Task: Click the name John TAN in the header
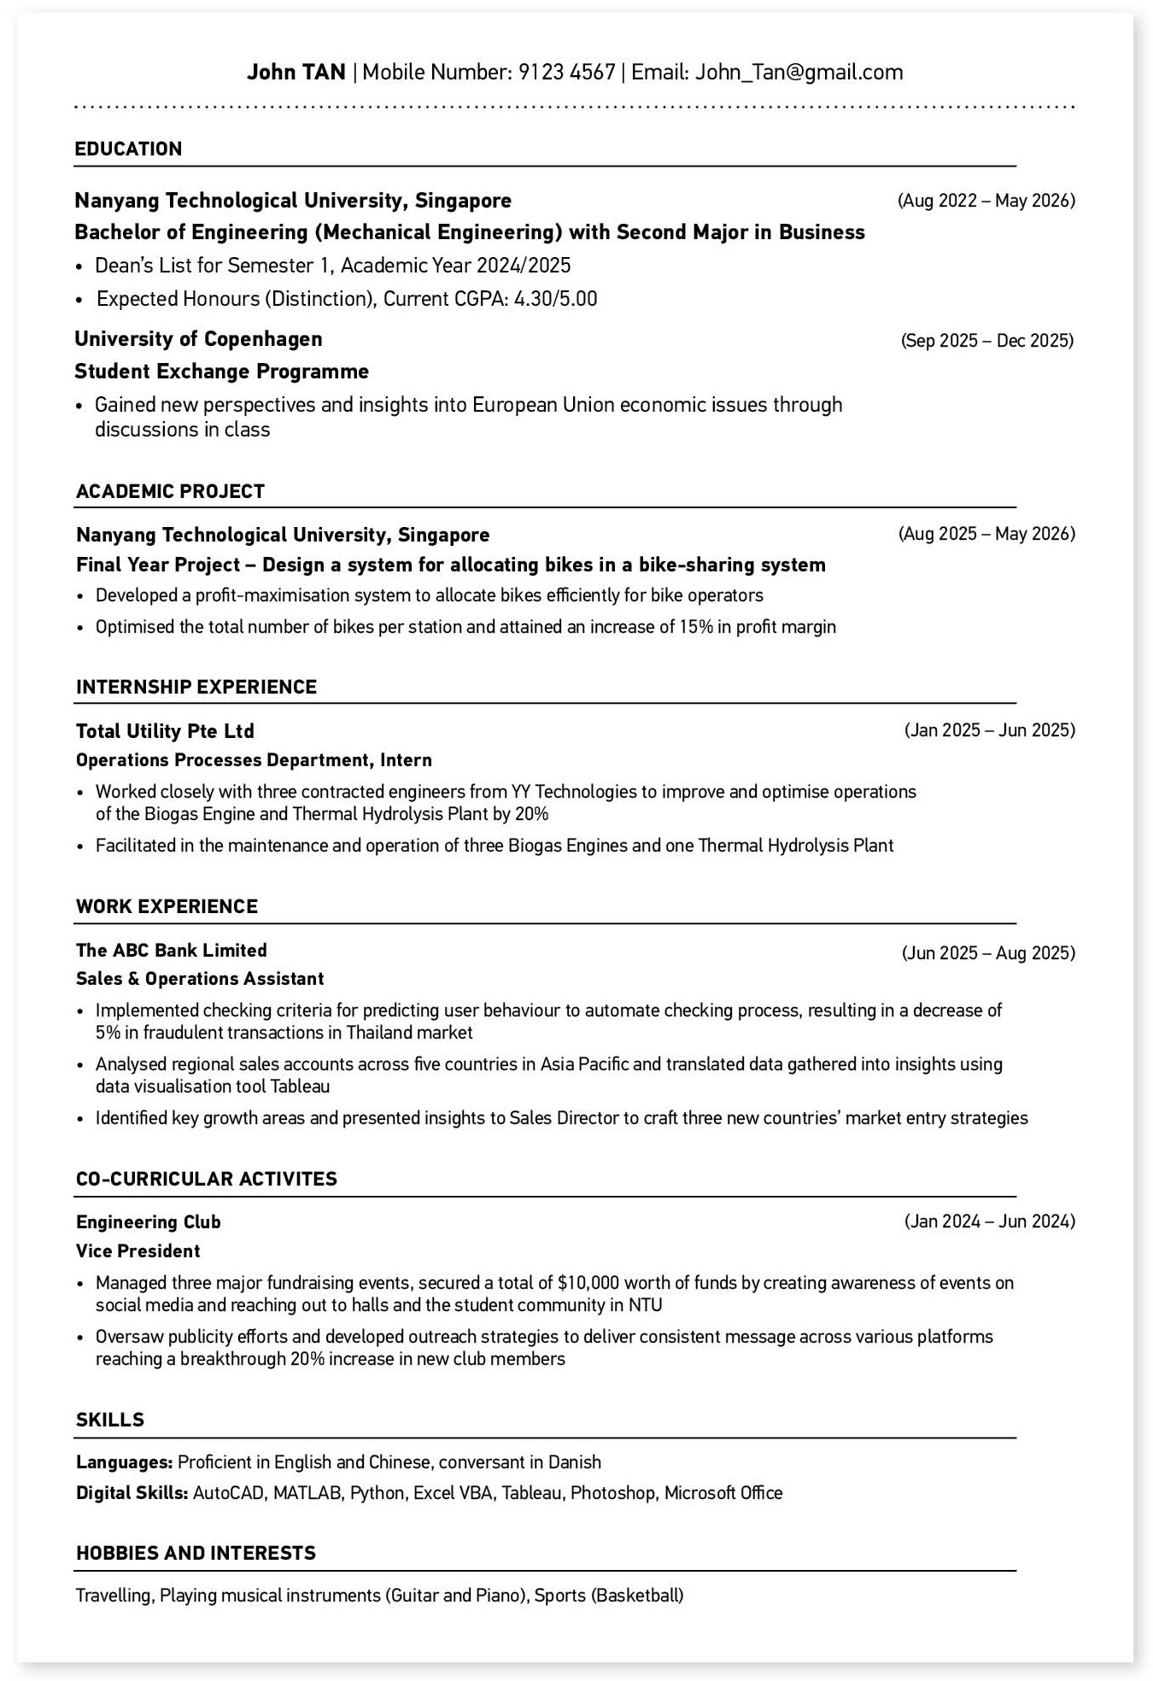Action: coord(296,73)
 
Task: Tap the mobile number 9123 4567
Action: coord(566,73)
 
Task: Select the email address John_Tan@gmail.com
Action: coord(799,73)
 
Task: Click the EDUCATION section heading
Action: coord(128,149)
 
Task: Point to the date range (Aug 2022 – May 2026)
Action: coord(986,201)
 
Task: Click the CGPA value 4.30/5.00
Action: coord(555,299)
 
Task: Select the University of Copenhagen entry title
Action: coord(198,339)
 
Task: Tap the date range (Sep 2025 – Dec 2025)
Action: coord(986,341)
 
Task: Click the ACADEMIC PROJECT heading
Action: coord(170,491)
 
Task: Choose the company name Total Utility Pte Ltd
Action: coord(165,731)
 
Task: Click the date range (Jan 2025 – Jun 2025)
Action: coord(989,730)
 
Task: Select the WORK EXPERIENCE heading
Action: coord(167,906)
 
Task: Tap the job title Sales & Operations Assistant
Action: coord(200,979)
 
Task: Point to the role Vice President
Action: coord(138,1251)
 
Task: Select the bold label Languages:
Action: coord(125,1462)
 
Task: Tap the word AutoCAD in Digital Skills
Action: coord(230,1493)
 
